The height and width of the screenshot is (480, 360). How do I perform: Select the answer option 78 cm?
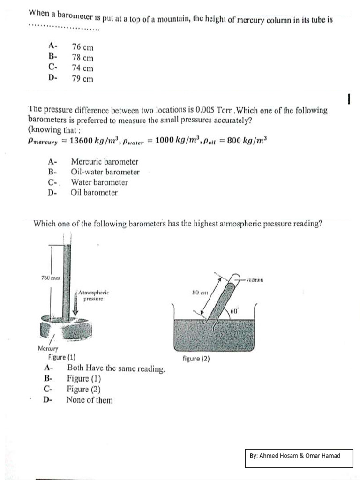[82, 58]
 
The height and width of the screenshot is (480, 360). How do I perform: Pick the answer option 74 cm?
[82, 68]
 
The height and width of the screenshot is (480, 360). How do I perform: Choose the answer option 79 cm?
[82, 79]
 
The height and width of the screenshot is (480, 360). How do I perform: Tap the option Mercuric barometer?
[105, 161]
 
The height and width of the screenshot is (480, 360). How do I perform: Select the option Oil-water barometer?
[105, 172]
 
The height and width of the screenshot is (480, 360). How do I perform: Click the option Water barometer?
[99, 182]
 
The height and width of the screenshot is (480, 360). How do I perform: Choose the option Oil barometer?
[94, 193]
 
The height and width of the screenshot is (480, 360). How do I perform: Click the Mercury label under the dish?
[48, 348]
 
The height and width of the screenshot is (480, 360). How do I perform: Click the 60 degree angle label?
[235, 311]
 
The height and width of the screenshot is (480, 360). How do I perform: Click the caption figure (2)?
[196, 359]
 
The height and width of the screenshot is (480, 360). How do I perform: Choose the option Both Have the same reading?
[116, 369]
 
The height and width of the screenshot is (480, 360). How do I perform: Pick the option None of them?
[90, 400]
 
